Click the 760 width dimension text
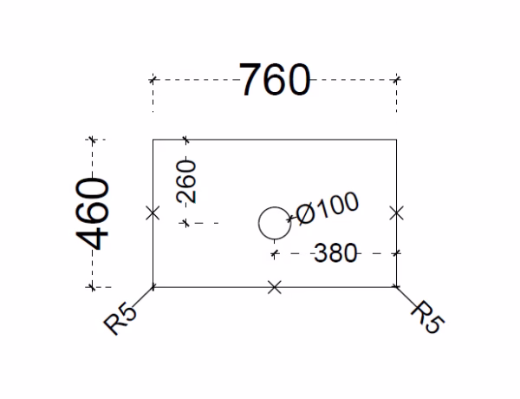click(275, 81)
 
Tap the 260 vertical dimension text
click(186, 181)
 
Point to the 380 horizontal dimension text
click(335, 253)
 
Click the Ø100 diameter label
click(327, 209)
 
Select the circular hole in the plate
click(275, 222)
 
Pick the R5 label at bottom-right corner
click(427, 317)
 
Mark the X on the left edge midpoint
click(153, 213)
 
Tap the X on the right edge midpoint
click(397, 213)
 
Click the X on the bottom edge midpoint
click(275, 286)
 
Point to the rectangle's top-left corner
click(153, 140)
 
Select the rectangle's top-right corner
click(397, 140)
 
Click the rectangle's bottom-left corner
click(153, 286)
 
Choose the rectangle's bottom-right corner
click(397, 286)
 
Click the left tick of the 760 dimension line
click(153, 80)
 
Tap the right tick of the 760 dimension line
click(397, 80)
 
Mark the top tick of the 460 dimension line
click(93, 140)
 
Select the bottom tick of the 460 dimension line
click(93, 286)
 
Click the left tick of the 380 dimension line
click(275, 253)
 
